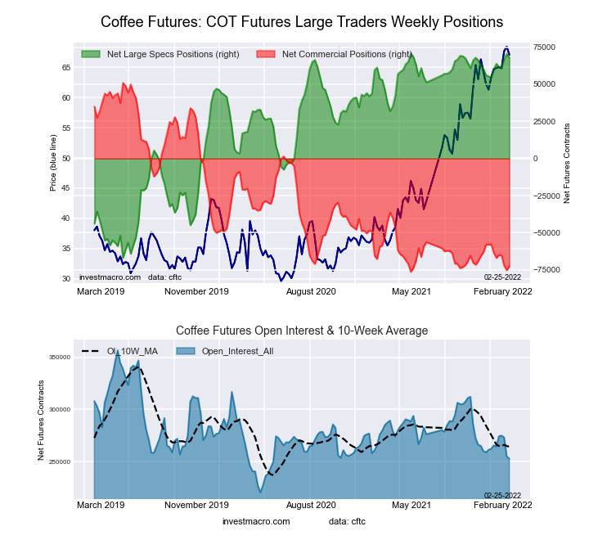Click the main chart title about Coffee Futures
point(302,21)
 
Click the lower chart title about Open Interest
point(302,331)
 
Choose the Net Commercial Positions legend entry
point(345,54)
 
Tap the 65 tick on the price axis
point(65,68)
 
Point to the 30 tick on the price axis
point(65,279)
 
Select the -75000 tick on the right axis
point(544,270)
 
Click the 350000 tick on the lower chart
point(60,358)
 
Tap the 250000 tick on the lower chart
point(60,462)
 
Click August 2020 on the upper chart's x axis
point(311,290)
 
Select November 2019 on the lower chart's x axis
point(196,505)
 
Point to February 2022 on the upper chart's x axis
point(503,290)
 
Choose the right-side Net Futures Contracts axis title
point(566,164)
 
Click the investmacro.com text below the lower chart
point(256,521)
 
